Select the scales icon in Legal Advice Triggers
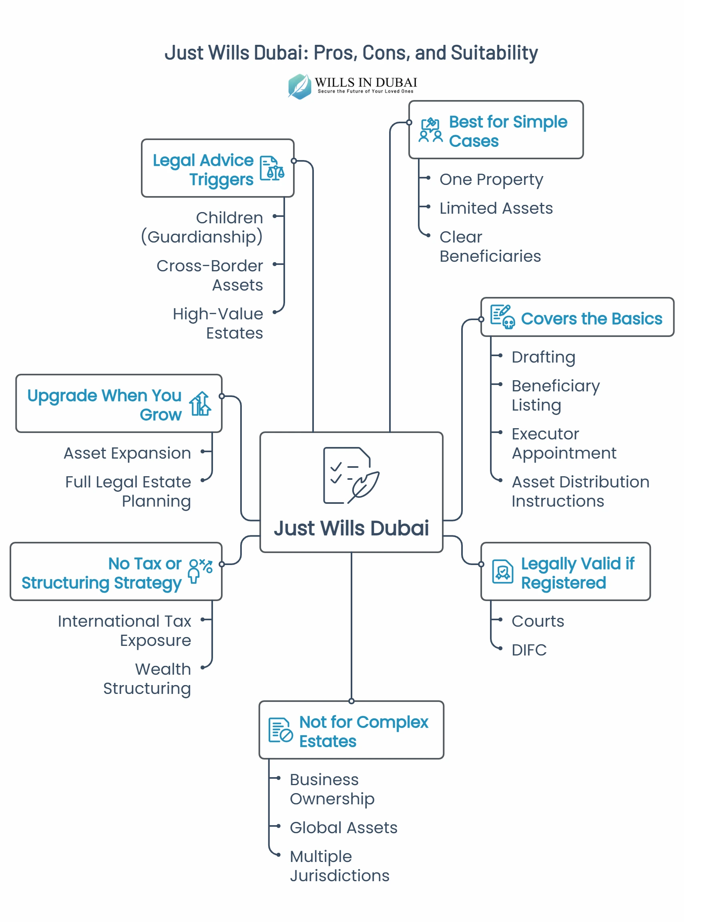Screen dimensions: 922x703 click(272, 168)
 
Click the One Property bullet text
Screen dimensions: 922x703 click(491, 179)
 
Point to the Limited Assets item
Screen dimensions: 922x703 click(496, 208)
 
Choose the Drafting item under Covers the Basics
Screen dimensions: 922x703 click(543, 357)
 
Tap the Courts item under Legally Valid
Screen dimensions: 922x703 click(538, 621)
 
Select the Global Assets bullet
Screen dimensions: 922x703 click(343, 828)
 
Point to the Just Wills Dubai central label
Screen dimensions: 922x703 click(351, 528)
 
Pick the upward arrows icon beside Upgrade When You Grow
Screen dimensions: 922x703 click(200, 404)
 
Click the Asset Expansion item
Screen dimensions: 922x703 click(127, 453)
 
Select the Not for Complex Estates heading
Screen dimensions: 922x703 click(363, 732)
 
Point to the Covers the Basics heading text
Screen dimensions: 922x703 click(591, 319)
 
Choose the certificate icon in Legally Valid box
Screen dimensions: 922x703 click(502, 571)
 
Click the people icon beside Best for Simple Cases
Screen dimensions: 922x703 click(431, 130)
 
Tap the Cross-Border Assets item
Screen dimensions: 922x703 click(210, 275)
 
